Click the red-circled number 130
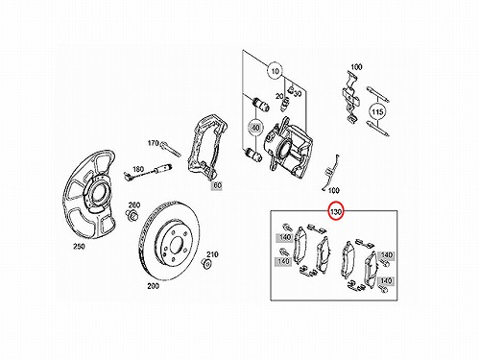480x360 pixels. (x=336, y=211)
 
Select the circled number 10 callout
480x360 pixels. (x=276, y=71)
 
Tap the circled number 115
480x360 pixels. (x=377, y=112)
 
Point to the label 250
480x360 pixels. (x=79, y=246)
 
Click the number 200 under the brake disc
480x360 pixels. (x=153, y=286)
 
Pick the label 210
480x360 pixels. (x=212, y=254)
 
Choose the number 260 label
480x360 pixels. (x=134, y=204)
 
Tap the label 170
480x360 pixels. (x=153, y=143)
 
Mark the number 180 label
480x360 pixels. (x=138, y=169)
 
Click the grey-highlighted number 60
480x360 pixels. (x=217, y=185)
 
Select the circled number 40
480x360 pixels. (x=255, y=128)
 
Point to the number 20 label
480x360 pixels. (x=279, y=96)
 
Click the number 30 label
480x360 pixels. (x=298, y=94)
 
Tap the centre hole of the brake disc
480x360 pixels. (x=176, y=246)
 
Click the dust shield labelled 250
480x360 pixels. (x=89, y=196)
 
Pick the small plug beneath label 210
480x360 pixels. (x=207, y=264)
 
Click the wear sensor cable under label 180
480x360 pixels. (x=148, y=170)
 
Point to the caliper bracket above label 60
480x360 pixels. (x=206, y=148)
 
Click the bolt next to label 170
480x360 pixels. (x=170, y=149)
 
